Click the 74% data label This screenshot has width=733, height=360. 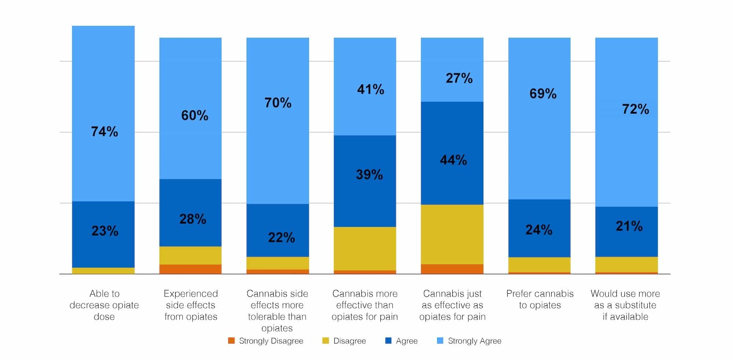[x=104, y=132]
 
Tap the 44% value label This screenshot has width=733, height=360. [x=453, y=160]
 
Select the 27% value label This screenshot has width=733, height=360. [x=459, y=78]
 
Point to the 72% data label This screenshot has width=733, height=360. [x=635, y=109]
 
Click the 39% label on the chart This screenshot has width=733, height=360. [x=369, y=175]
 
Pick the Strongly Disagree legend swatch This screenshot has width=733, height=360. [x=231, y=341]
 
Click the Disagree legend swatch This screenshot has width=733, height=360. [x=325, y=341]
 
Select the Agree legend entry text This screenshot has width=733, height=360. [x=406, y=341]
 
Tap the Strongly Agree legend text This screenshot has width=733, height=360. [x=474, y=341]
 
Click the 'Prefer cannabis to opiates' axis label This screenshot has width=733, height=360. [x=539, y=299]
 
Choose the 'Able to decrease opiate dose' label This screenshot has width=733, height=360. [x=104, y=305]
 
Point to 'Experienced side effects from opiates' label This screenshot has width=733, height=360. [x=191, y=305]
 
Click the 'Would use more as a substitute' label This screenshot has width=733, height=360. [x=625, y=305]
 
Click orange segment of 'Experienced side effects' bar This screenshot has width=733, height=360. [x=190, y=269]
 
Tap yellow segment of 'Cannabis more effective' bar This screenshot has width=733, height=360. [x=365, y=248]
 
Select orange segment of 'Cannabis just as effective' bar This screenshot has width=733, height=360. [x=452, y=269]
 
